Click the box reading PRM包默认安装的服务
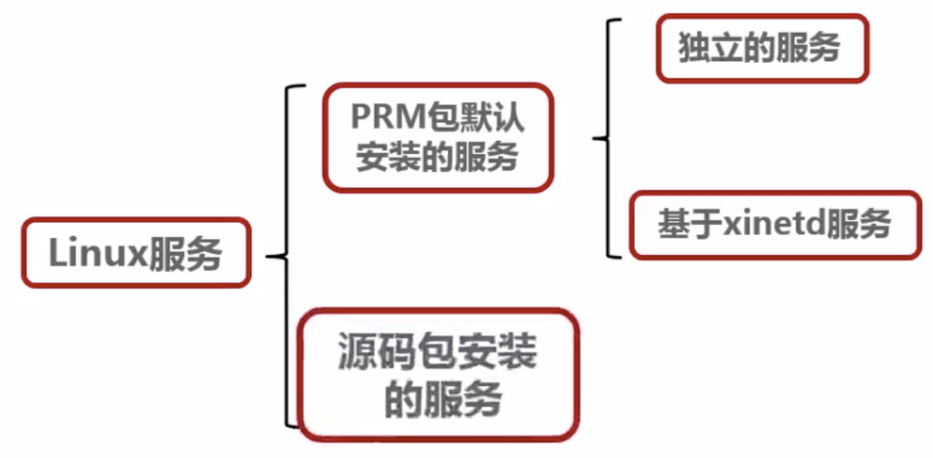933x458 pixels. click(437, 137)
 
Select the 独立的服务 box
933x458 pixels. click(762, 49)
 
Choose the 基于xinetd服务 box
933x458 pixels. click(774, 225)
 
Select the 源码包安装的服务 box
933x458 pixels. click(437, 374)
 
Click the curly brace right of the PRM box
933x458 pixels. click(605, 139)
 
